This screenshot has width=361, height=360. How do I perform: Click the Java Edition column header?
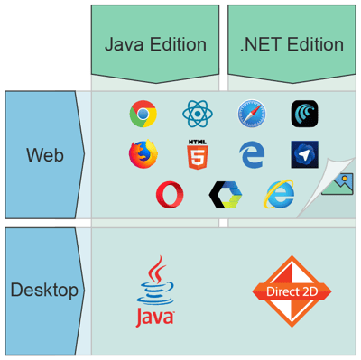pos(155,44)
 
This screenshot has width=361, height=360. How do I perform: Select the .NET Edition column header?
pos(292,44)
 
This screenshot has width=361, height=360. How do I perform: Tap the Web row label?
pos(44,155)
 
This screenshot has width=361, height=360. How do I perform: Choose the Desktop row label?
pos(44,291)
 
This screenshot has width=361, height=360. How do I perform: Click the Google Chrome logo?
pos(143,115)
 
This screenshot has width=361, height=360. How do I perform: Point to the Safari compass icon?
pos(252,115)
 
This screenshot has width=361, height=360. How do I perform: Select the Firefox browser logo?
pos(143,155)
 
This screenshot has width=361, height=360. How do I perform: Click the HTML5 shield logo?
pos(197,155)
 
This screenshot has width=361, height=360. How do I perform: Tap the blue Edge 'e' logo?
pos(252,155)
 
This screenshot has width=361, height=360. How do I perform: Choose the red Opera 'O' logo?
pos(169,194)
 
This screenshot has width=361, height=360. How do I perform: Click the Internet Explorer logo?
pos(279,194)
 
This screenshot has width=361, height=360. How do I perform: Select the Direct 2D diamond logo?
pos(292,291)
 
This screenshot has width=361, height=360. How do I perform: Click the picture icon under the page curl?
pos(337,185)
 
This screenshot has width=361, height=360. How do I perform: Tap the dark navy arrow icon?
pos(304,153)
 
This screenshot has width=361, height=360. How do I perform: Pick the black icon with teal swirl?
pos(304,115)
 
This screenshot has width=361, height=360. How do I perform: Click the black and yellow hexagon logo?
pos(224,194)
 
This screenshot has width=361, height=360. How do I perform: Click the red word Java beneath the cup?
pos(155,318)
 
